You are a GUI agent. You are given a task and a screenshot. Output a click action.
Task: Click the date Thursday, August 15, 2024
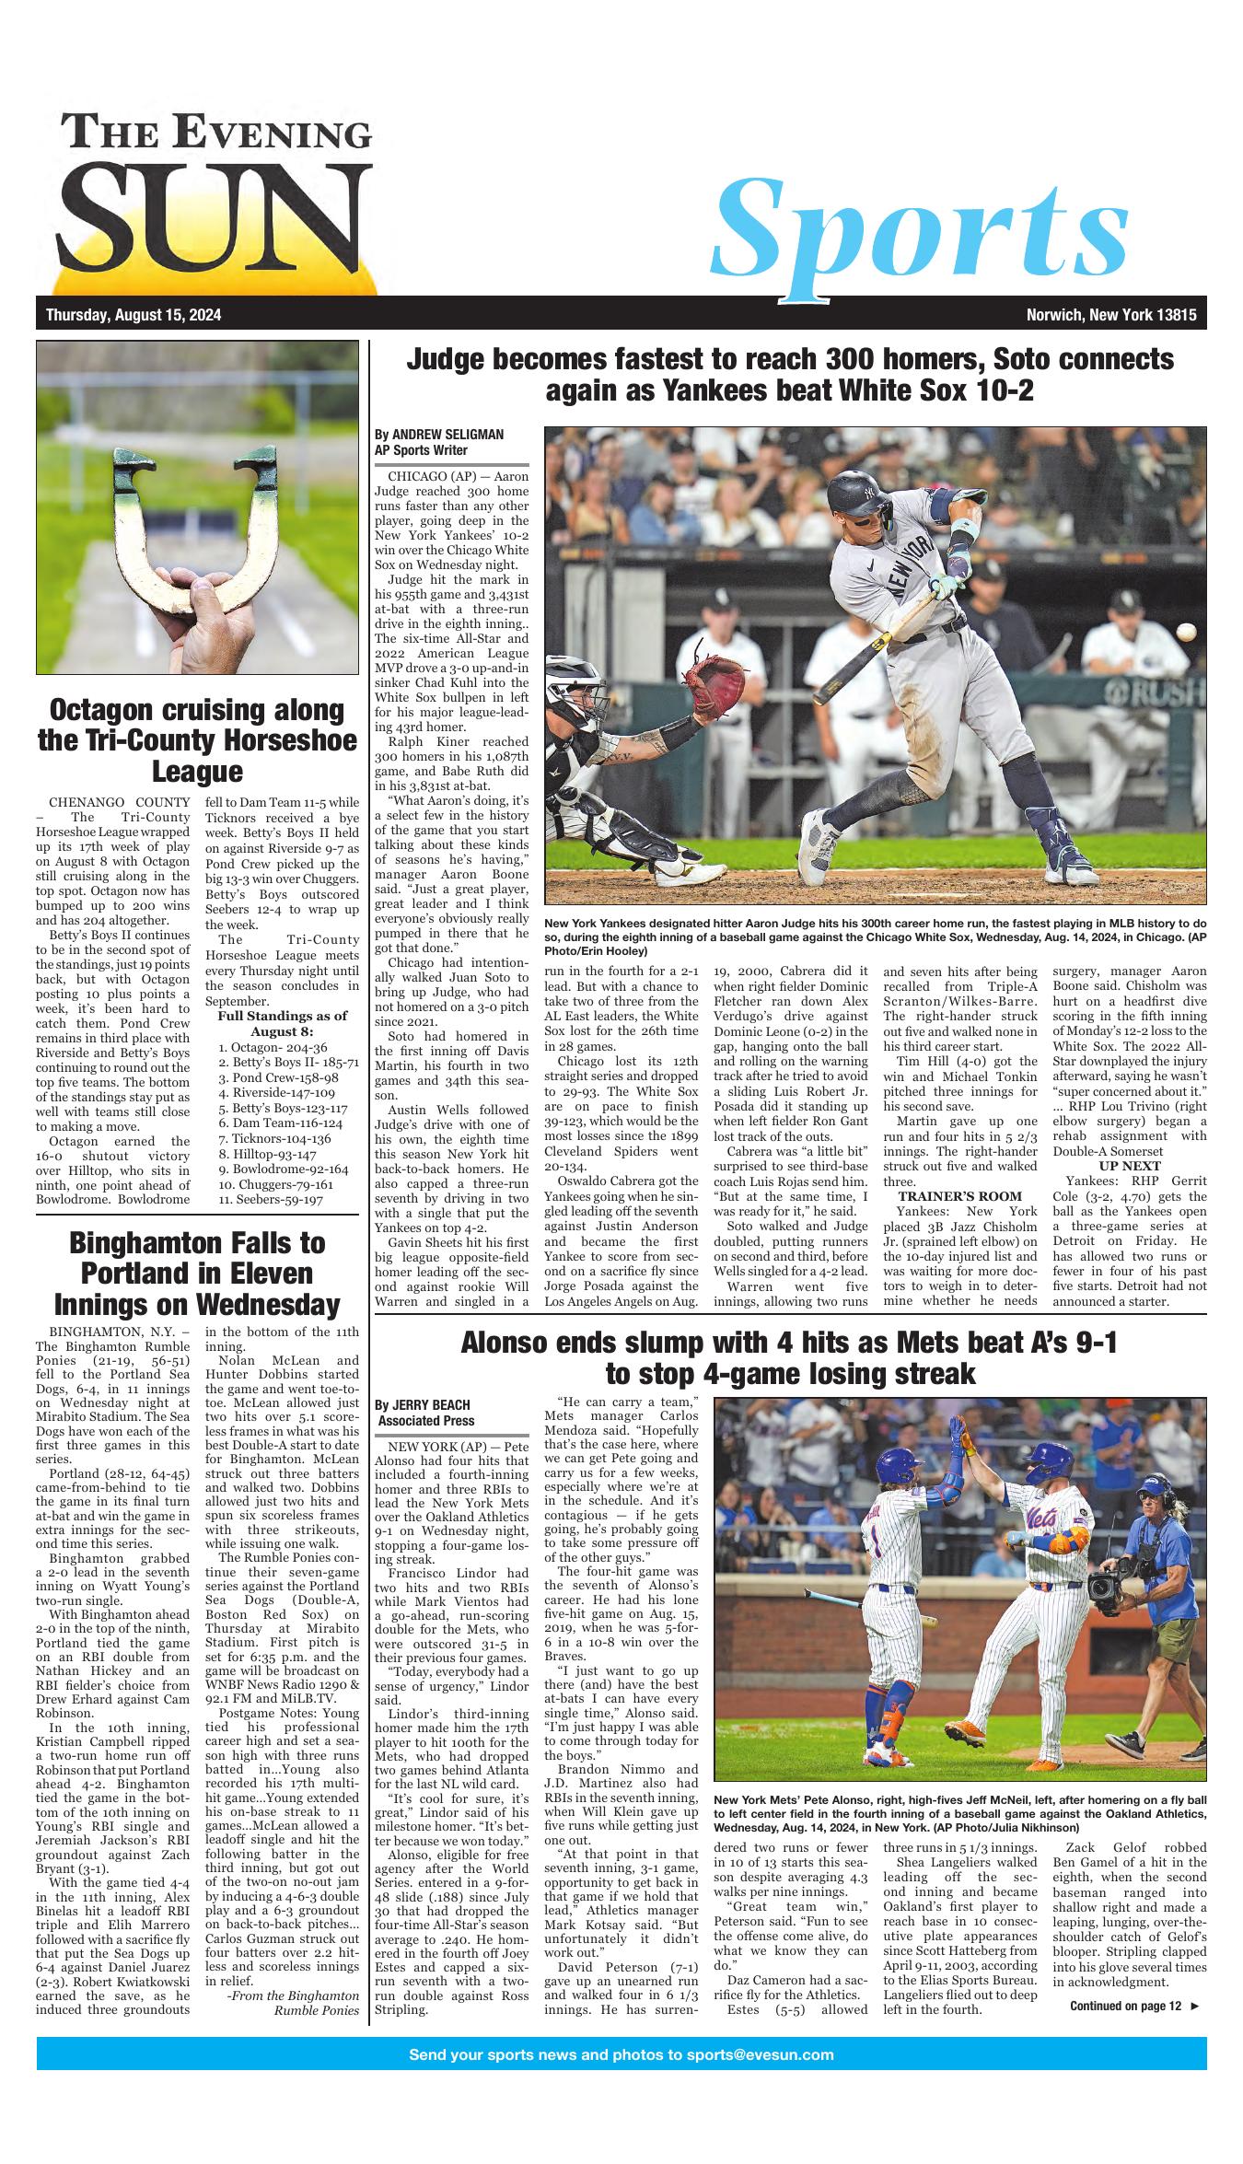[x=134, y=316]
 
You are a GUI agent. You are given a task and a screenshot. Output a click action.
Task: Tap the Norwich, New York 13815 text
[x=1110, y=316]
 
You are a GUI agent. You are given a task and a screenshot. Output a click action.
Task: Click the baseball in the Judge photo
[x=1188, y=632]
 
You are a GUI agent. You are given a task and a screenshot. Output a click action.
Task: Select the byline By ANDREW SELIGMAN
[x=439, y=435]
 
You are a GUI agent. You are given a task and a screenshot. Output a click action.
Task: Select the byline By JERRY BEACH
[x=423, y=1430]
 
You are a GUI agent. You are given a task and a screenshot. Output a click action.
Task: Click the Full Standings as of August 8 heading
[x=282, y=1024]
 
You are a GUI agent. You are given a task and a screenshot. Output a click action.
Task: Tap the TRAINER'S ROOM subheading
[x=959, y=1196]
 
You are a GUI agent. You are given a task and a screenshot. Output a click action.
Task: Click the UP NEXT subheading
[x=1129, y=1166]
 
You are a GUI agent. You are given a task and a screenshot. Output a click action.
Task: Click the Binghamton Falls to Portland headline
[x=197, y=1274]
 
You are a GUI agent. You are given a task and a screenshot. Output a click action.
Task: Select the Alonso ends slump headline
[x=788, y=1358]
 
